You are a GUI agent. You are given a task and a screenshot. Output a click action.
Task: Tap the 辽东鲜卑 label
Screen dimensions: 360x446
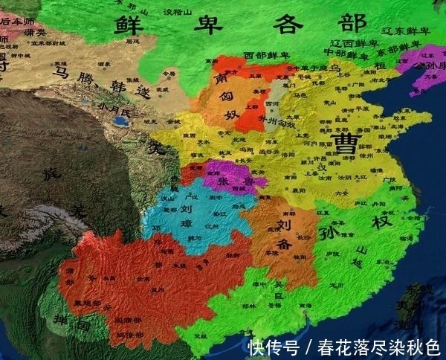tap(405, 31)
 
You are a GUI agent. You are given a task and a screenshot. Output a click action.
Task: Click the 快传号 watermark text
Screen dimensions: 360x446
tap(273, 347)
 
